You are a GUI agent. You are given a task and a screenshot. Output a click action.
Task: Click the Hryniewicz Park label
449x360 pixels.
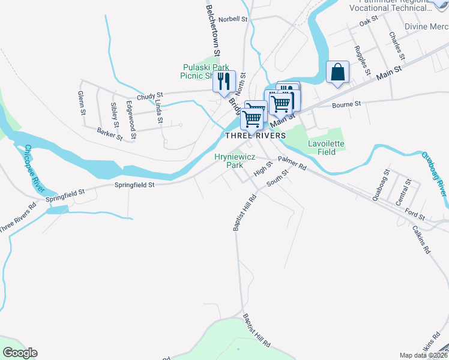[235, 160]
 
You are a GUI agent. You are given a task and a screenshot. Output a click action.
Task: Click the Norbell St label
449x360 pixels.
[233, 19]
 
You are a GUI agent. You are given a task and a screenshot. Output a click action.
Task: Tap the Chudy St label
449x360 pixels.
[149, 96]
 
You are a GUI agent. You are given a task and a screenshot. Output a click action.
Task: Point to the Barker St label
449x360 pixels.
[110, 133]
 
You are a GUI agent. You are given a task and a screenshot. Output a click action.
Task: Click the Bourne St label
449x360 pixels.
[346, 104]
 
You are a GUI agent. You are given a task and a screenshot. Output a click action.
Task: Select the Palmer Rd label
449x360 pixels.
[292, 163]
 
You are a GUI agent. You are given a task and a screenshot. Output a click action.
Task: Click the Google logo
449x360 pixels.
[20, 353]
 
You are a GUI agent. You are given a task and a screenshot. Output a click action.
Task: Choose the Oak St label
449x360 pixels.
[368, 21]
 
